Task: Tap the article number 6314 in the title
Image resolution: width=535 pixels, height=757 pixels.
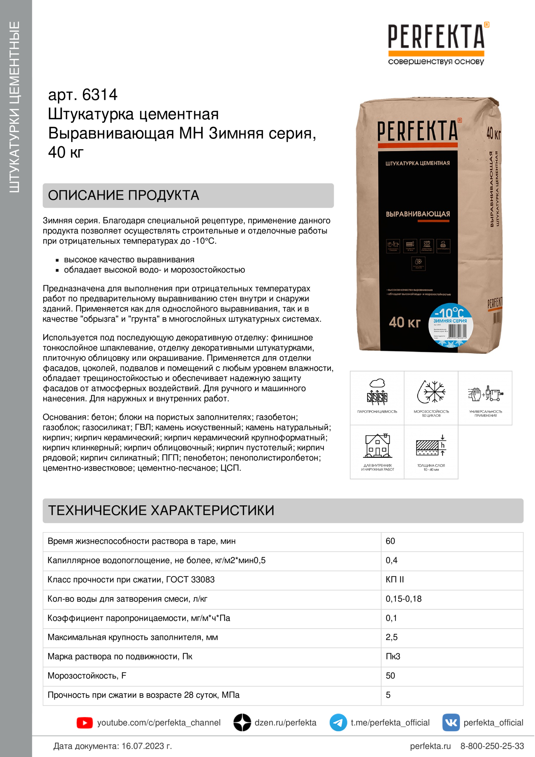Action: [x=100, y=95]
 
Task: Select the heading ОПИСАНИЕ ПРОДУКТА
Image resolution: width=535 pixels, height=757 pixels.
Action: [x=124, y=195]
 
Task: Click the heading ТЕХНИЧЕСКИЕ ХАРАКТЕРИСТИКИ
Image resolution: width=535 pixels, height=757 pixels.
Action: [x=161, y=511]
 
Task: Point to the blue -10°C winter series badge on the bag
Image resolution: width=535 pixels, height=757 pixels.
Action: [x=450, y=324]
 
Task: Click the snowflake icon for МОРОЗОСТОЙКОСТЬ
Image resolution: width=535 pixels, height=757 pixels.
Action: [x=431, y=392]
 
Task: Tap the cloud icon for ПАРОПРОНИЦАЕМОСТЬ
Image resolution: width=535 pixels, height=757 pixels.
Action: [x=377, y=392]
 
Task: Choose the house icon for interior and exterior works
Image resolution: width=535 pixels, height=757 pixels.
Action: [x=377, y=446]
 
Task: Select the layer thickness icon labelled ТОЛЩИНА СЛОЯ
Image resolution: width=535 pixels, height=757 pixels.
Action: [x=431, y=446]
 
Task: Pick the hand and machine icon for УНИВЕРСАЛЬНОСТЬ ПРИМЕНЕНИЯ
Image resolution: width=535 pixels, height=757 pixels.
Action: [x=485, y=393]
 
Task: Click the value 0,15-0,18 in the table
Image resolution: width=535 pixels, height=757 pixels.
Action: [x=404, y=599]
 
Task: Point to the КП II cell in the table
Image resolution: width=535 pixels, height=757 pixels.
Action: [x=395, y=580]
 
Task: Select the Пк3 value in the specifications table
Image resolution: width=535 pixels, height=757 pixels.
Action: [x=393, y=656]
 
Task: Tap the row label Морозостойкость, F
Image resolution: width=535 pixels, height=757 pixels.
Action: [x=87, y=675]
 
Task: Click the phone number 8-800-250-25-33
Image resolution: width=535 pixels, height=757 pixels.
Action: [x=492, y=746]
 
